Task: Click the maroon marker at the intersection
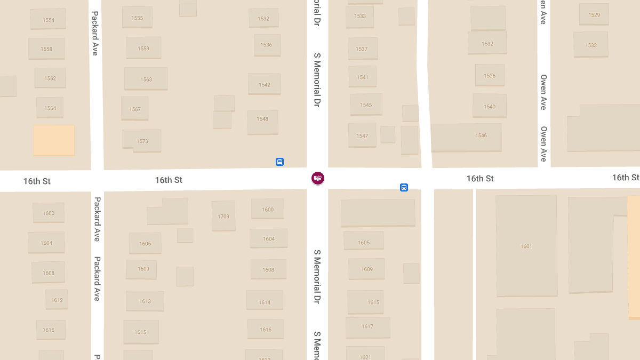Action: pyautogui.click(x=317, y=178)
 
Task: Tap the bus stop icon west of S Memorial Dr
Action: pyautogui.click(x=279, y=162)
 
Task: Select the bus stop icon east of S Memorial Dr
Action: pyautogui.click(x=404, y=187)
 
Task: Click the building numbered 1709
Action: pyautogui.click(x=223, y=216)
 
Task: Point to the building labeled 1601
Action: pyautogui.click(x=526, y=246)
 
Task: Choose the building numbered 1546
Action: pyautogui.click(x=466, y=137)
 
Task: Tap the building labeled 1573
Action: pyautogui.click(x=142, y=141)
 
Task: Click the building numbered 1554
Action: pyautogui.click(x=48, y=20)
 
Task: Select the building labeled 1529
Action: pyautogui.click(x=594, y=14)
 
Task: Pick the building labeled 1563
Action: pyautogui.click(x=146, y=78)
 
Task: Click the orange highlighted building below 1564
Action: pyautogui.click(x=53, y=140)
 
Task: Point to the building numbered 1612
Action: pyautogui.click(x=57, y=300)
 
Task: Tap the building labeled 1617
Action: pyautogui.click(x=367, y=327)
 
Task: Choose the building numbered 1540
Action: pyautogui.click(x=490, y=106)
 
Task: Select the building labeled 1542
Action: pyautogui.click(x=264, y=84)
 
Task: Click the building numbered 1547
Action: pyautogui.click(x=362, y=135)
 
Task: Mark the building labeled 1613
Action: pyautogui.click(x=145, y=301)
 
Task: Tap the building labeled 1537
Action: pyautogui.click(x=362, y=49)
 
